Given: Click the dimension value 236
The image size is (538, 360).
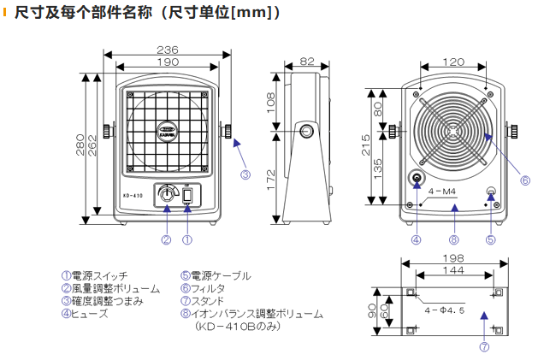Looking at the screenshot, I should click(167, 49).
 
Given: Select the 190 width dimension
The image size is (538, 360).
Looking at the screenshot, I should click(167, 62).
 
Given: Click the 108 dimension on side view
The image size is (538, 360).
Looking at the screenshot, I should click(269, 103).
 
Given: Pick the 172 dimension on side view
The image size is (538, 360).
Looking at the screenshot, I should click(269, 178).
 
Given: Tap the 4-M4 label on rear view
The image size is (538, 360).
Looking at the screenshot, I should click(452, 193).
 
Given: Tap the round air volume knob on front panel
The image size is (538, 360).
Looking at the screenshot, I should click(166, 197).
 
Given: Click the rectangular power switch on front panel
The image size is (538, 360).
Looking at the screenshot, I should click(187, 197).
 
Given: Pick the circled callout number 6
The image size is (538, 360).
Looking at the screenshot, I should click(525, 180).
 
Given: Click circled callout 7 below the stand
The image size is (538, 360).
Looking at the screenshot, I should click(484, 348).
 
